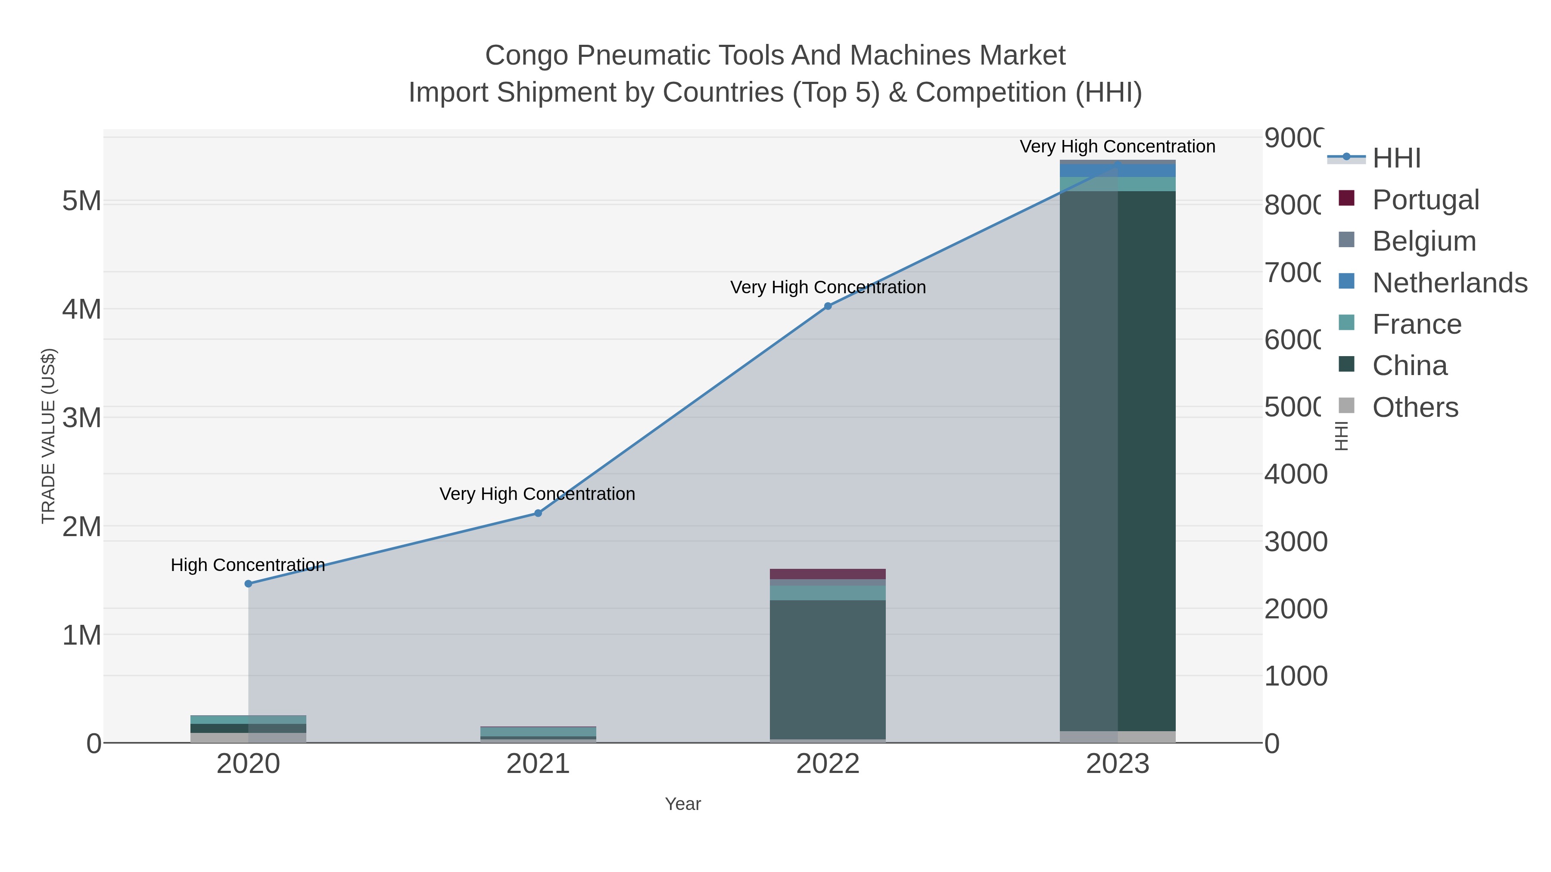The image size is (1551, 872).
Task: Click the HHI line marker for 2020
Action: pos(248,584)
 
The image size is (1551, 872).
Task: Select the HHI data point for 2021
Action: pos(538,513)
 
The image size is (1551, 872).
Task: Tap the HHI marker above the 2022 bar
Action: pos(828,306)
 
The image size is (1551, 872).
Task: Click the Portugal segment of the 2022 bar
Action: pos(828,574)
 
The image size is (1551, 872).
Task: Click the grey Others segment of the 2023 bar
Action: pos(1118,737)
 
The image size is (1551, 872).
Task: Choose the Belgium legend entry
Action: pos(1424,241)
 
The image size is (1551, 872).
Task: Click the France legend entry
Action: pos(1416,324)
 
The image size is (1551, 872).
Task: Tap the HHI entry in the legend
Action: pos(1396,158)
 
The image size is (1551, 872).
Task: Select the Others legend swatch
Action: pos(1346,406)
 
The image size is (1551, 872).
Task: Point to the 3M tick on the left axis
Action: pos(82,418)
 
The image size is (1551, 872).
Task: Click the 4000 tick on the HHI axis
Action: pos(1295,474)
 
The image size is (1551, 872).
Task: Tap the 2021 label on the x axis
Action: pos(538,764)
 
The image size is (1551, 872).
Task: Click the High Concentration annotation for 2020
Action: pos(248,565)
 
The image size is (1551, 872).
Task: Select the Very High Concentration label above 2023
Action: pos(1118,147)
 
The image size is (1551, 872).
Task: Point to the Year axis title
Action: pos(683,804)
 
